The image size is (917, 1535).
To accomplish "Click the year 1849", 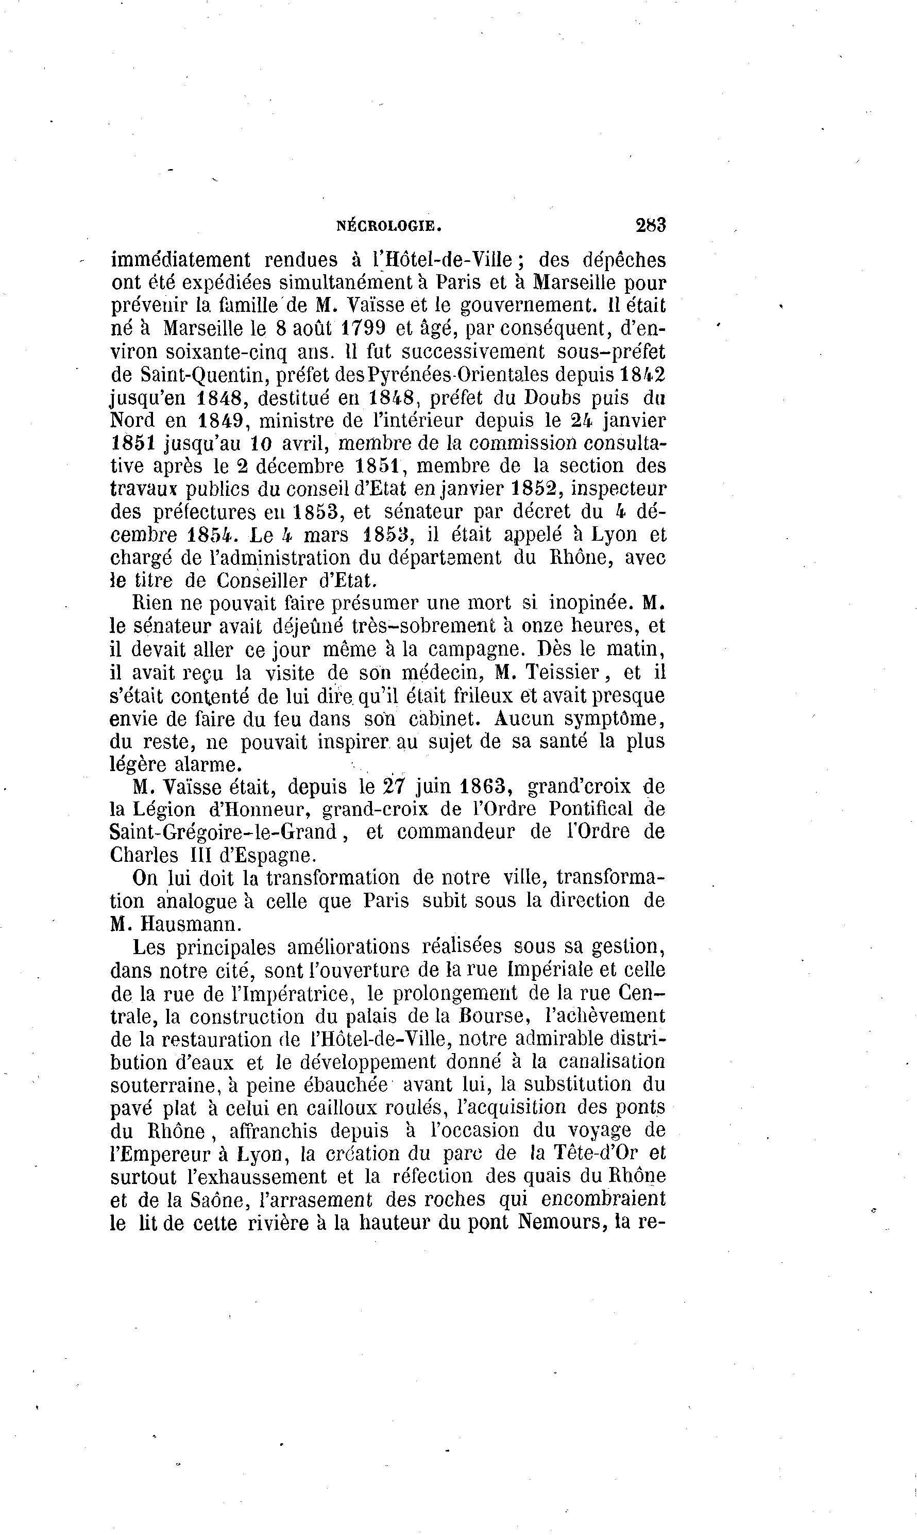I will click(x=223, y=421).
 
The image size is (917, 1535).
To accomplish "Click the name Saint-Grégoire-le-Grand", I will click(x=223, y=832).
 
